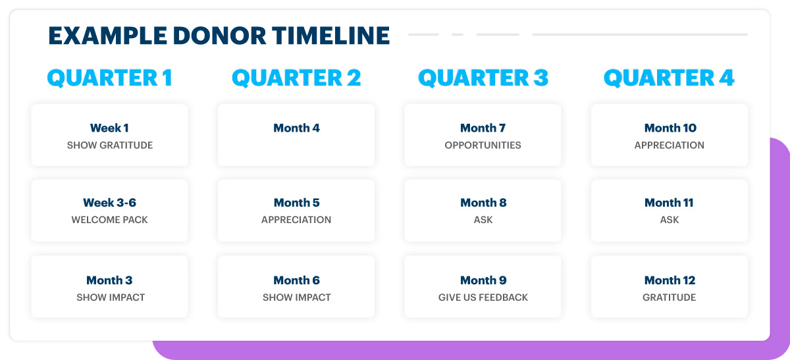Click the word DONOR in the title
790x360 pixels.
219,36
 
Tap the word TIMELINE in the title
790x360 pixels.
330,36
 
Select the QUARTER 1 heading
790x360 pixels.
110,78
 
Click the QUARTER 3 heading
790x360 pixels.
483,78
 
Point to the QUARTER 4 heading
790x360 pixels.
669,78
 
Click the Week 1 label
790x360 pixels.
109,128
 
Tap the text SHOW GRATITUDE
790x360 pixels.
110,145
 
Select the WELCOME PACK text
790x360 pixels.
110,220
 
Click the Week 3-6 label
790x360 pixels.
110,203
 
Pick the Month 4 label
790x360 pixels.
297,128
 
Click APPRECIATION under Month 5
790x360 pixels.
296,220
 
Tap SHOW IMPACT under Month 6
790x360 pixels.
297,297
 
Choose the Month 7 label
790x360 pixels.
483,128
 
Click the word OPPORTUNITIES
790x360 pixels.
483,145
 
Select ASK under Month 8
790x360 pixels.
483,220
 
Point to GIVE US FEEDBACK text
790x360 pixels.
483,297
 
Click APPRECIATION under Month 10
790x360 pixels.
670,145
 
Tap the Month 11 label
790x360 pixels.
669,203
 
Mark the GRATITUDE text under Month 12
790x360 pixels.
670,297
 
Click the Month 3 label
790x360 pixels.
109,280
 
